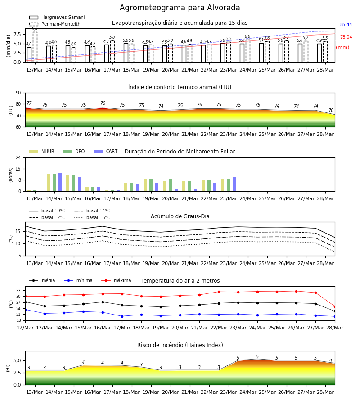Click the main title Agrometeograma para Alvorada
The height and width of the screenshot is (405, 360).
(180, 8)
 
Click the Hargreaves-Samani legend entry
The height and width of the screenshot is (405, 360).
(57, 17)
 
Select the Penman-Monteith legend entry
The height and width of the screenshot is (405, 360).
(55, 24)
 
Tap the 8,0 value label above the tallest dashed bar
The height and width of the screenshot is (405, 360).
(35, 29)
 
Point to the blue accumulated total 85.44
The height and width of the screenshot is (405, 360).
(346, 25)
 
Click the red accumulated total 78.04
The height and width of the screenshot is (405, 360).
(346, 37)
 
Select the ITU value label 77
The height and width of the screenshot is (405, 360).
(29, 103)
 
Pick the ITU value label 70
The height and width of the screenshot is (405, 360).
(331, 110)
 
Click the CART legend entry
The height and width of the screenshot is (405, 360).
(106, 151)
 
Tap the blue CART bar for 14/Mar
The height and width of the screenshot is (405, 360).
(60, 182)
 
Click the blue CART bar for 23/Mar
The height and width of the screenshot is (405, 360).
(234, 184)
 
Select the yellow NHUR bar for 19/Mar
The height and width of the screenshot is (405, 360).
(145, 185)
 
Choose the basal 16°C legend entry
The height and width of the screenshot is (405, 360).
(92, 217)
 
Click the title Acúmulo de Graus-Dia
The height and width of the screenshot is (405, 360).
(180, 216)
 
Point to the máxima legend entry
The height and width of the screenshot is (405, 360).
(116, 280)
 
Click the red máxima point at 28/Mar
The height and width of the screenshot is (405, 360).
(335, 306)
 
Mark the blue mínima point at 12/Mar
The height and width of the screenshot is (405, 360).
(25, 310)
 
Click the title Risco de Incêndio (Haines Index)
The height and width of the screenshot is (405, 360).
(180, 345)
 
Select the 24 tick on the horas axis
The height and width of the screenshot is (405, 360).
(18, 157)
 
